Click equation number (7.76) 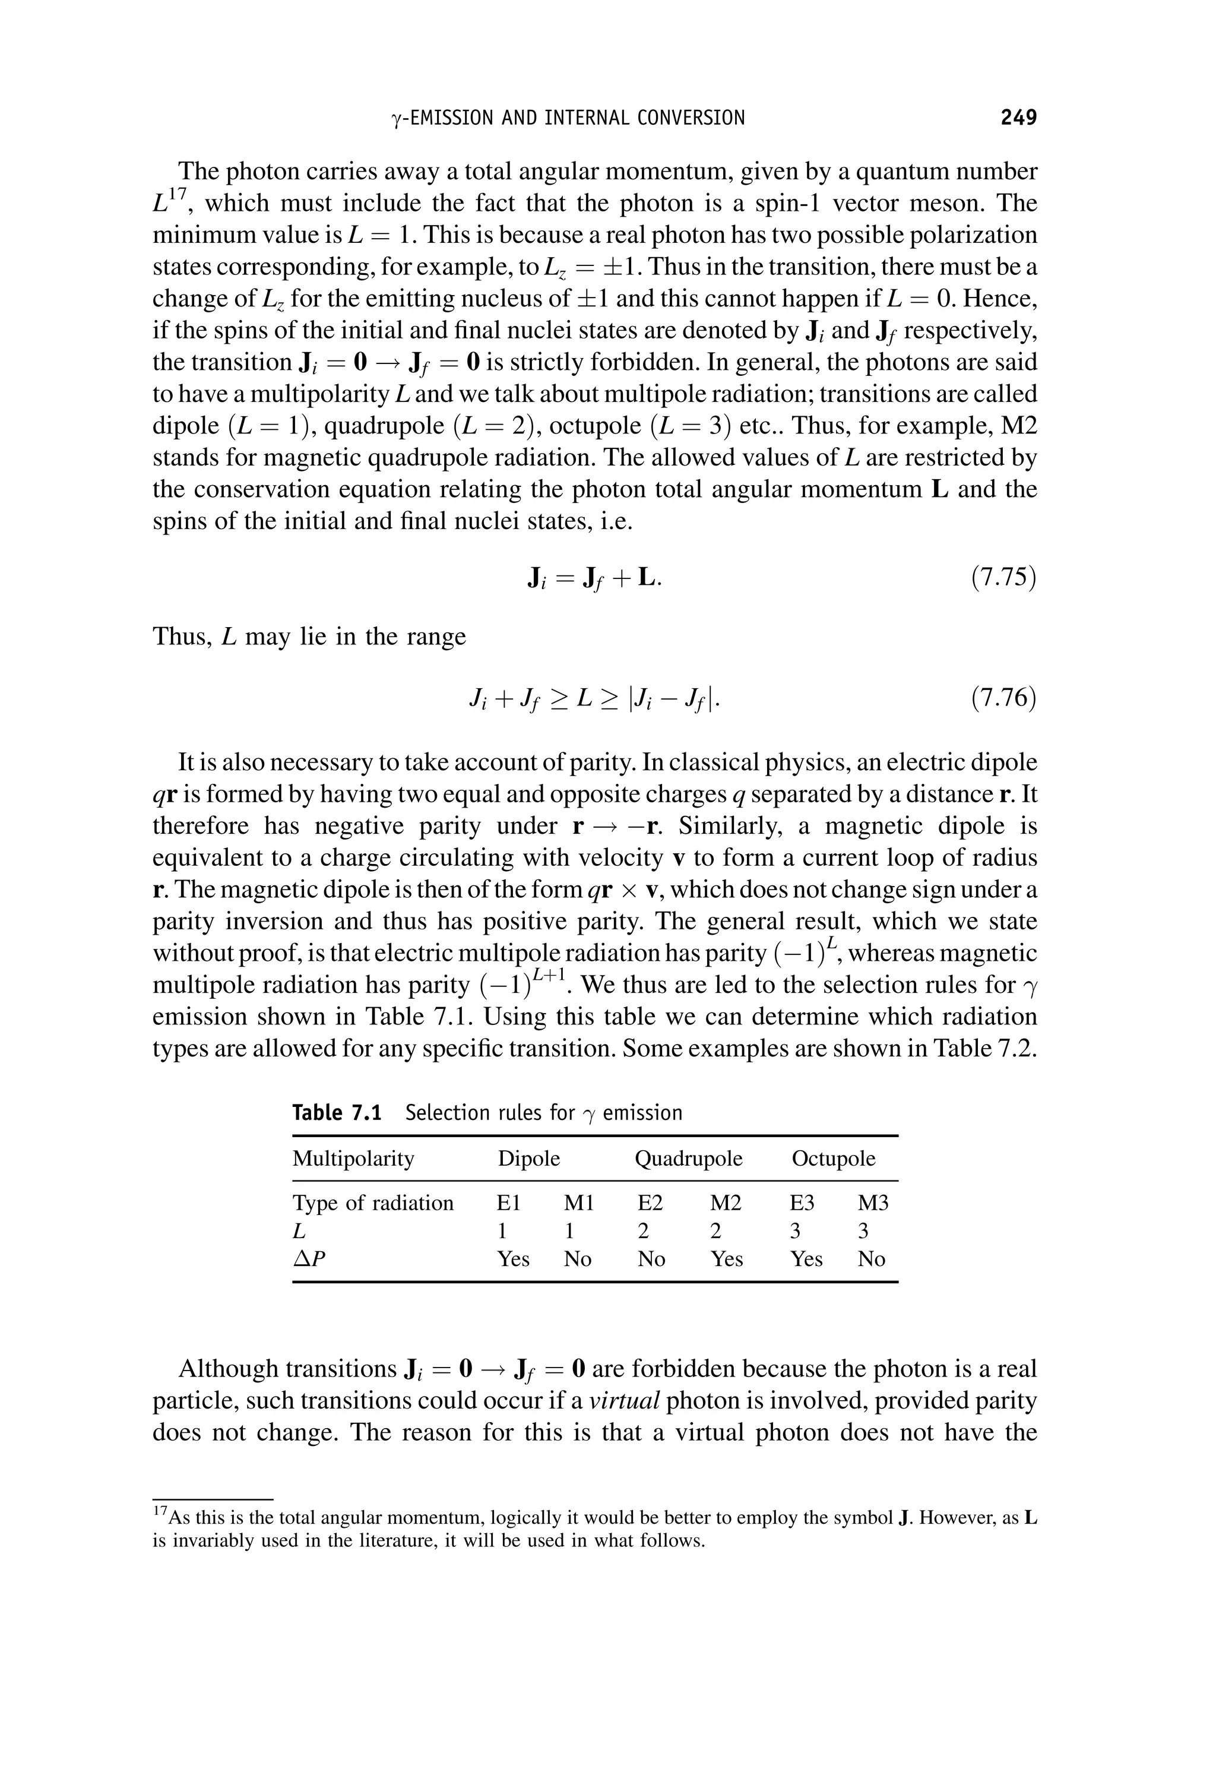pos(1003,697)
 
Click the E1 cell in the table pos(508,1203)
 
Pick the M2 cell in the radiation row pos(726,1203)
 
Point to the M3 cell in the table pos(873,1203)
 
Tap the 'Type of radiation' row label pos(372,1203)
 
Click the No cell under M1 pos(578,1259)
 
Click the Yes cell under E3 pos(806,1259)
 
